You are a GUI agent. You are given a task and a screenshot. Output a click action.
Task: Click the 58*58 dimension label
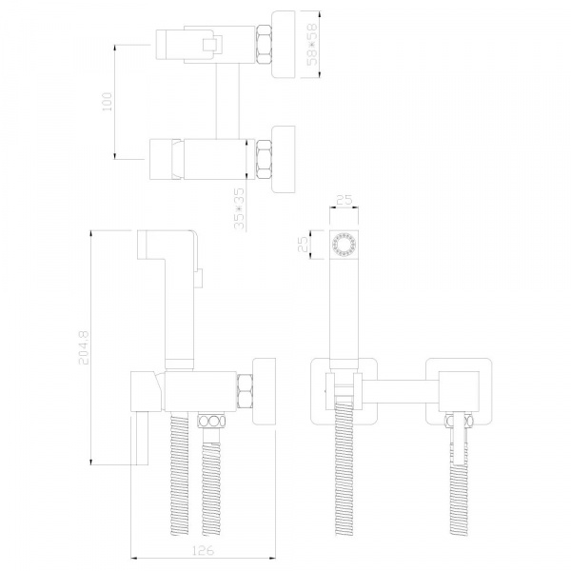coord(312,45)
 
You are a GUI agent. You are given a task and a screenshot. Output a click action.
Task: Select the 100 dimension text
coord(108,102)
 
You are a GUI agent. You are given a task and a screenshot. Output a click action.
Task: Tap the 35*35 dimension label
coord(239,208)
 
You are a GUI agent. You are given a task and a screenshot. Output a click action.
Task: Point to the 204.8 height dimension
coord(84,347)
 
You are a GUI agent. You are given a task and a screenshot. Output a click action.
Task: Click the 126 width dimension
coord(203,550)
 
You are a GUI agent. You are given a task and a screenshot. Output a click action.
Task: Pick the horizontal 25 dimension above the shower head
coord(345,200)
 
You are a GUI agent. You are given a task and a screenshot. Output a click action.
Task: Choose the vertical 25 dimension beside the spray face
coord(303,245)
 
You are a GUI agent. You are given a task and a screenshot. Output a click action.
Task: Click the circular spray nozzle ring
coord(345,244)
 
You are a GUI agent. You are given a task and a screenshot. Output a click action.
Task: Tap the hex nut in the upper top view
coord(265,45)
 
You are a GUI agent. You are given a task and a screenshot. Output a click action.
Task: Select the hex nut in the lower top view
coord(265,159)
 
